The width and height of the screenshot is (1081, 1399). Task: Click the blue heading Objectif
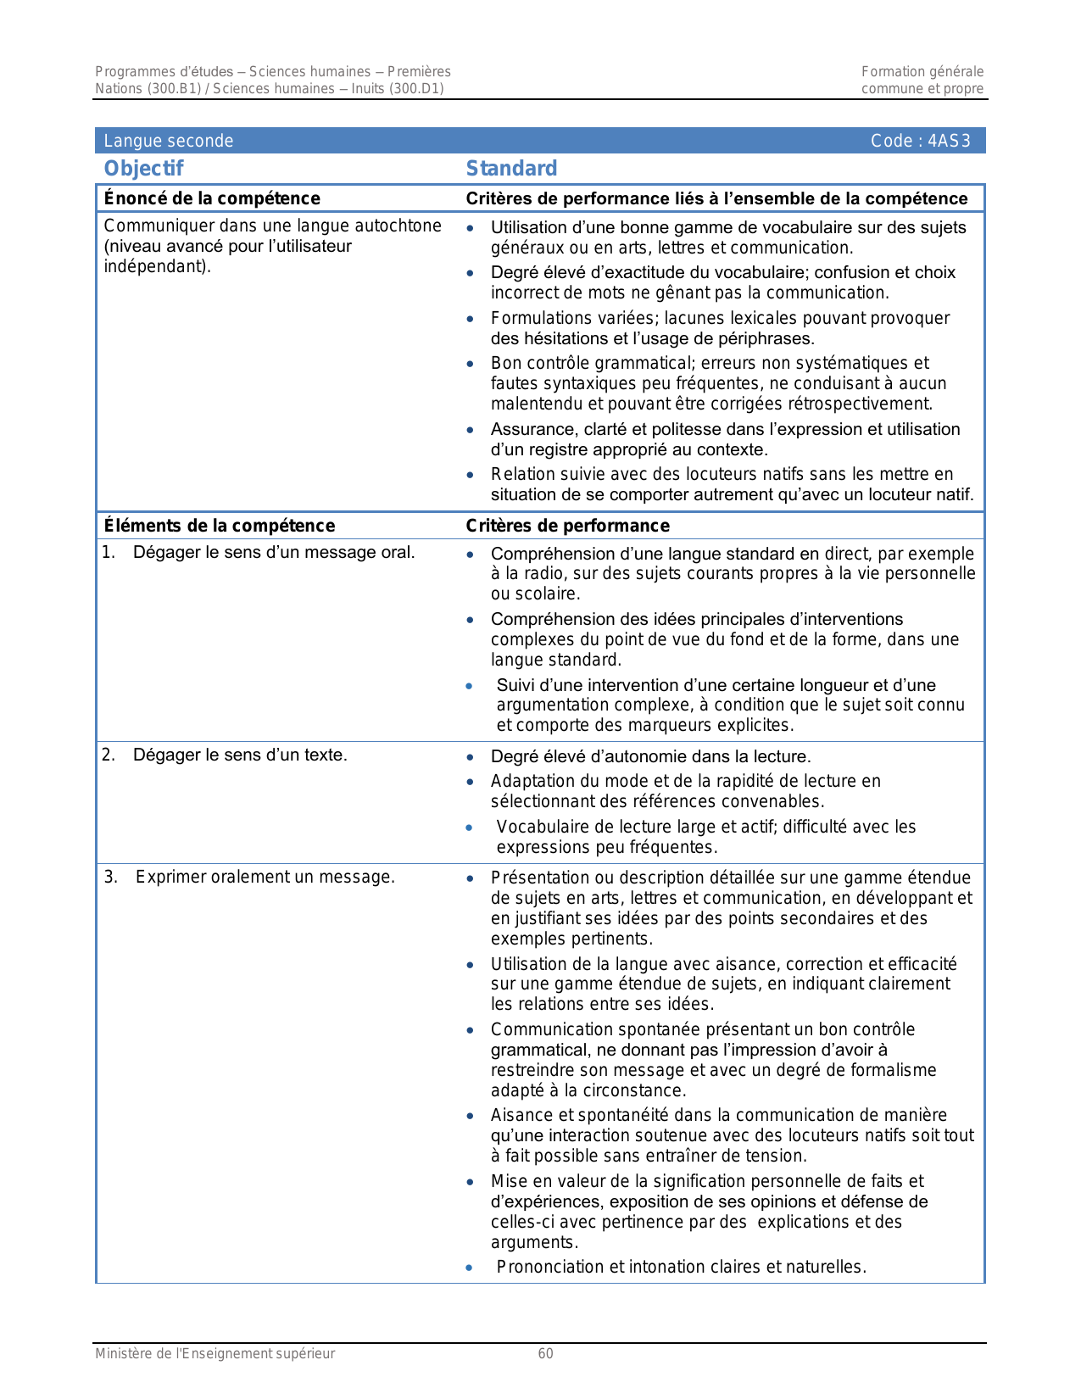click(x=143, y=169)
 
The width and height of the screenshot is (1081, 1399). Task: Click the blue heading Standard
click(x=511, y=169)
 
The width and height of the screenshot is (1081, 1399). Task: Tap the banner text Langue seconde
click(x=168, y=141)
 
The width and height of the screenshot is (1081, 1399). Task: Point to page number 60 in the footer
click(x=546, y=1353)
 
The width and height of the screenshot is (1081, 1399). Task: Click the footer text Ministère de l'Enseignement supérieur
click(x=215, y=1353)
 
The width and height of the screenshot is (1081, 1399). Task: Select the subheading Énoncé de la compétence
click(x=212, y=198)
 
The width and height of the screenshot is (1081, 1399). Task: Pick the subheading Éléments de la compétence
click(x=219, y=526)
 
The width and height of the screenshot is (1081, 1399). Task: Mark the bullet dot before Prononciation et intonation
click(x=470, y=1268)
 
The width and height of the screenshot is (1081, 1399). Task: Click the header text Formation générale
click(x=922, y=72)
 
